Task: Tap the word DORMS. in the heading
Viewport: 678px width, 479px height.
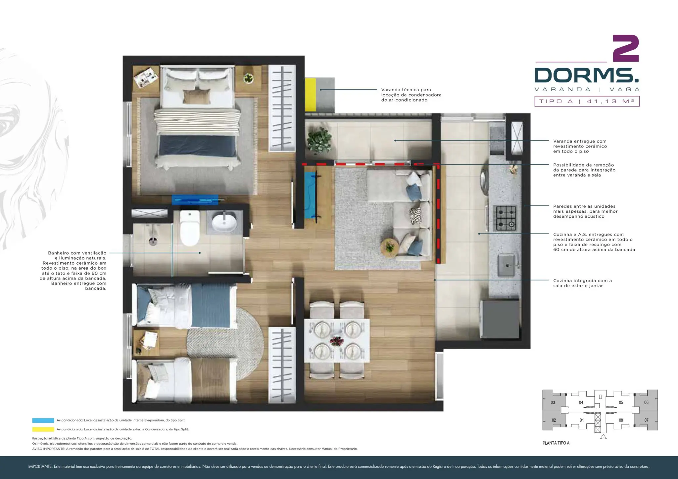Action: (x=587, y=75)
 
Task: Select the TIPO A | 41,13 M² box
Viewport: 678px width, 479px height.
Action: (x=587, y=101)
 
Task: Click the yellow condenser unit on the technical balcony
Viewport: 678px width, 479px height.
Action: (x=310, y=95)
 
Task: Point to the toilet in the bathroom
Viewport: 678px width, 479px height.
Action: (x=189, y=228)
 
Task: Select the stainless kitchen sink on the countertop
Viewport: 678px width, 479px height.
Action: (x=507, y=265)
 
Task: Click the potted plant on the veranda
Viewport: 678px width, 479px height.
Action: (x=319, y=141)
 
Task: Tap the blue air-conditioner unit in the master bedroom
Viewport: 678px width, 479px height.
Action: (x=195, y=199)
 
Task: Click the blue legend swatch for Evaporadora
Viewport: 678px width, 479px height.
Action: (x=43, y=420)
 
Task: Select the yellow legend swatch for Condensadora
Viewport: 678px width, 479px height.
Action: (x=43, y=429)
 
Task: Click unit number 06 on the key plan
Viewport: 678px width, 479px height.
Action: (x=646, y=403)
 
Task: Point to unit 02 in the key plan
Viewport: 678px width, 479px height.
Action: (x=554, y=420)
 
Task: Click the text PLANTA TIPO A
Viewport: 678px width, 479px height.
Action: (x=556, y=443)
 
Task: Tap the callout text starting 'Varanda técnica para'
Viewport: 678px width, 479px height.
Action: (x=411, y=95)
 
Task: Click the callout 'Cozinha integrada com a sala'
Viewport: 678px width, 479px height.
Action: (x=582, y=283)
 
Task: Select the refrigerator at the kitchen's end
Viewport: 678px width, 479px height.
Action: (x=500, y=319)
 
